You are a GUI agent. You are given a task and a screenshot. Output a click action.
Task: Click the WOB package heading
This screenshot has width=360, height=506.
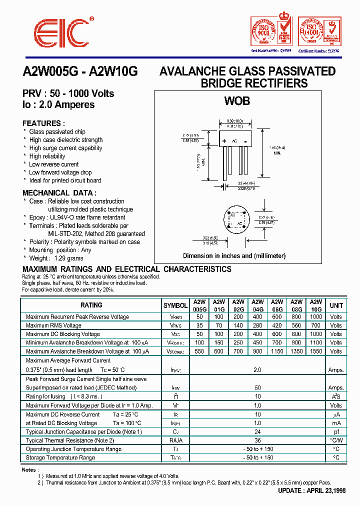pyautogui.click(x=236, y=100)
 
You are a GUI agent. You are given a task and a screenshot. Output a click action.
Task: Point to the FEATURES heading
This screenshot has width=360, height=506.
pyautogui.click(x=43, y=123)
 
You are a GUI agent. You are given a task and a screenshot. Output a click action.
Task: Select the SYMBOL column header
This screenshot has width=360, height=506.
pyautogui.click(x=175, y=305)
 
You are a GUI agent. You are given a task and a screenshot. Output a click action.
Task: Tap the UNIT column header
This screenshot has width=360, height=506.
pyautogui.click(x=336, y=305)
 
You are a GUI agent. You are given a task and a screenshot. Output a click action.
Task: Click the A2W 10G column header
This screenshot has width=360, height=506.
pyautogui.click(x=316, y=305)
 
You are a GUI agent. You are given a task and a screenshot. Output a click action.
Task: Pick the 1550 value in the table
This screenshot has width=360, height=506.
pyautogui.click(x=316, y=351)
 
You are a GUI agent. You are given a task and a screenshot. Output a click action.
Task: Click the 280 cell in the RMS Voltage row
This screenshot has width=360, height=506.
pyautogui.click(x=257, y=325)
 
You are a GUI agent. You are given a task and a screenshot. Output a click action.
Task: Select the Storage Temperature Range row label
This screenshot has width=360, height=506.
pyautogui.click(x=60, y=457)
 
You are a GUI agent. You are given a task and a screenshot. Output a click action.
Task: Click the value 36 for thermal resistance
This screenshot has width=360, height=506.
pyautogui.click(x=258, y=440)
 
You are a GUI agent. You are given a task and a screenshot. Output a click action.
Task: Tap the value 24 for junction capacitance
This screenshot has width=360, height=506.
pyautogui.click(x=258, y=431)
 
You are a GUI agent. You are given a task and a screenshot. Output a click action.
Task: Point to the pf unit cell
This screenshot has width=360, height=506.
pyautogui.click(x=336, y=431)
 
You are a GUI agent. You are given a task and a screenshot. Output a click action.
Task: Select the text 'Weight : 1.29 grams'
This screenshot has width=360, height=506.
pyautogui.click(x=56, y=258)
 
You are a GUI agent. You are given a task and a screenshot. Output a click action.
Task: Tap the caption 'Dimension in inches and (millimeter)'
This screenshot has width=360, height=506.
pyautogui.click(x=234, y=256)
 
